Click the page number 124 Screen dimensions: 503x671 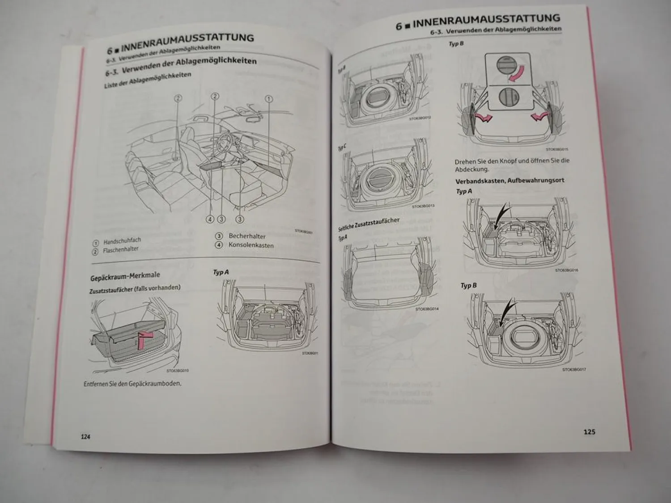85,436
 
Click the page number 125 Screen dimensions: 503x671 589,431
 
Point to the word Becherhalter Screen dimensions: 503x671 247,236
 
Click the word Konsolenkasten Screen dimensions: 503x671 251,245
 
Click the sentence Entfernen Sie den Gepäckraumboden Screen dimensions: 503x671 132,384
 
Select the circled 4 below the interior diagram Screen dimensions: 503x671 210,219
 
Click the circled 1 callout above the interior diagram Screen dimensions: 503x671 269,99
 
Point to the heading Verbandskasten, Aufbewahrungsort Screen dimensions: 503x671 510,181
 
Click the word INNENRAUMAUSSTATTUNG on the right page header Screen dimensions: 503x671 486,20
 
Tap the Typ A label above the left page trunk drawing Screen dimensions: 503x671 221,272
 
